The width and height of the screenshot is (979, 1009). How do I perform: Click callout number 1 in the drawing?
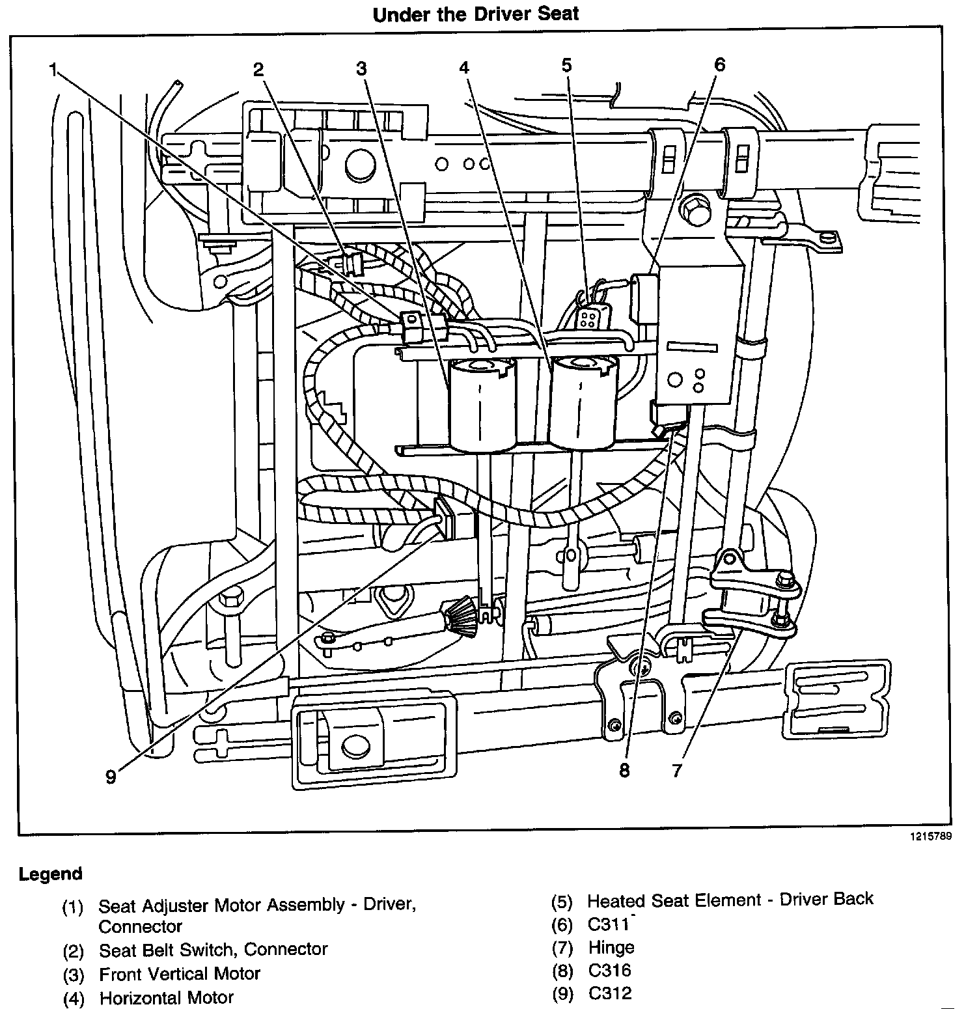pyautogui.click(x=53, y=70)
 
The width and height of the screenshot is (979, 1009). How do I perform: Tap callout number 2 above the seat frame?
pyautogui.click(x=259, y=70)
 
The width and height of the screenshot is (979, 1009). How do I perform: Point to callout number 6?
pyautogui.click(x=719, y=64)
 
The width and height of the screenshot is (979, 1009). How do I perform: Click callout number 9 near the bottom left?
pyautogui.click(x=111, y=777)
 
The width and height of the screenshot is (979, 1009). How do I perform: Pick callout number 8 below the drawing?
pyautogui.click(x=624, y=771)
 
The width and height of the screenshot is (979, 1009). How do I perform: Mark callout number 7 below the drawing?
pyautogui.click(x=677, y=771)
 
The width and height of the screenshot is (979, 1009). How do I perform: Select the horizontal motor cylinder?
pyautogui.click(x=581, y=404)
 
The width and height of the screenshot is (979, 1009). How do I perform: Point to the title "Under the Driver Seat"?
pyautogui.click(x=476, y=14)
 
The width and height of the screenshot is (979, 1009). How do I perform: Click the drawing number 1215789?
pyautogui.click(x=931, y=836)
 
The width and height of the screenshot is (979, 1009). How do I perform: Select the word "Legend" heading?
pyautogui.click(x=51, y=874)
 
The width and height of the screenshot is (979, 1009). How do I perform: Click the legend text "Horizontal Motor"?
pyautogui.click(x=166, y=998)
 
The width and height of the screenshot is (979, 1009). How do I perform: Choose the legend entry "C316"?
pyautogui.click(x=609, y=970)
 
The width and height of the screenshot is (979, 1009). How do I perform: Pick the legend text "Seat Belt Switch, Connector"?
pyautogui.click(x=213, y=950)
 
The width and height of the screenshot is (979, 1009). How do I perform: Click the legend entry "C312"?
pyautogui.click(x=609, y=993)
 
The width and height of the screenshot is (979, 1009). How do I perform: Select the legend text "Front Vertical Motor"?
pyautogui.click(x=179, y=974)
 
